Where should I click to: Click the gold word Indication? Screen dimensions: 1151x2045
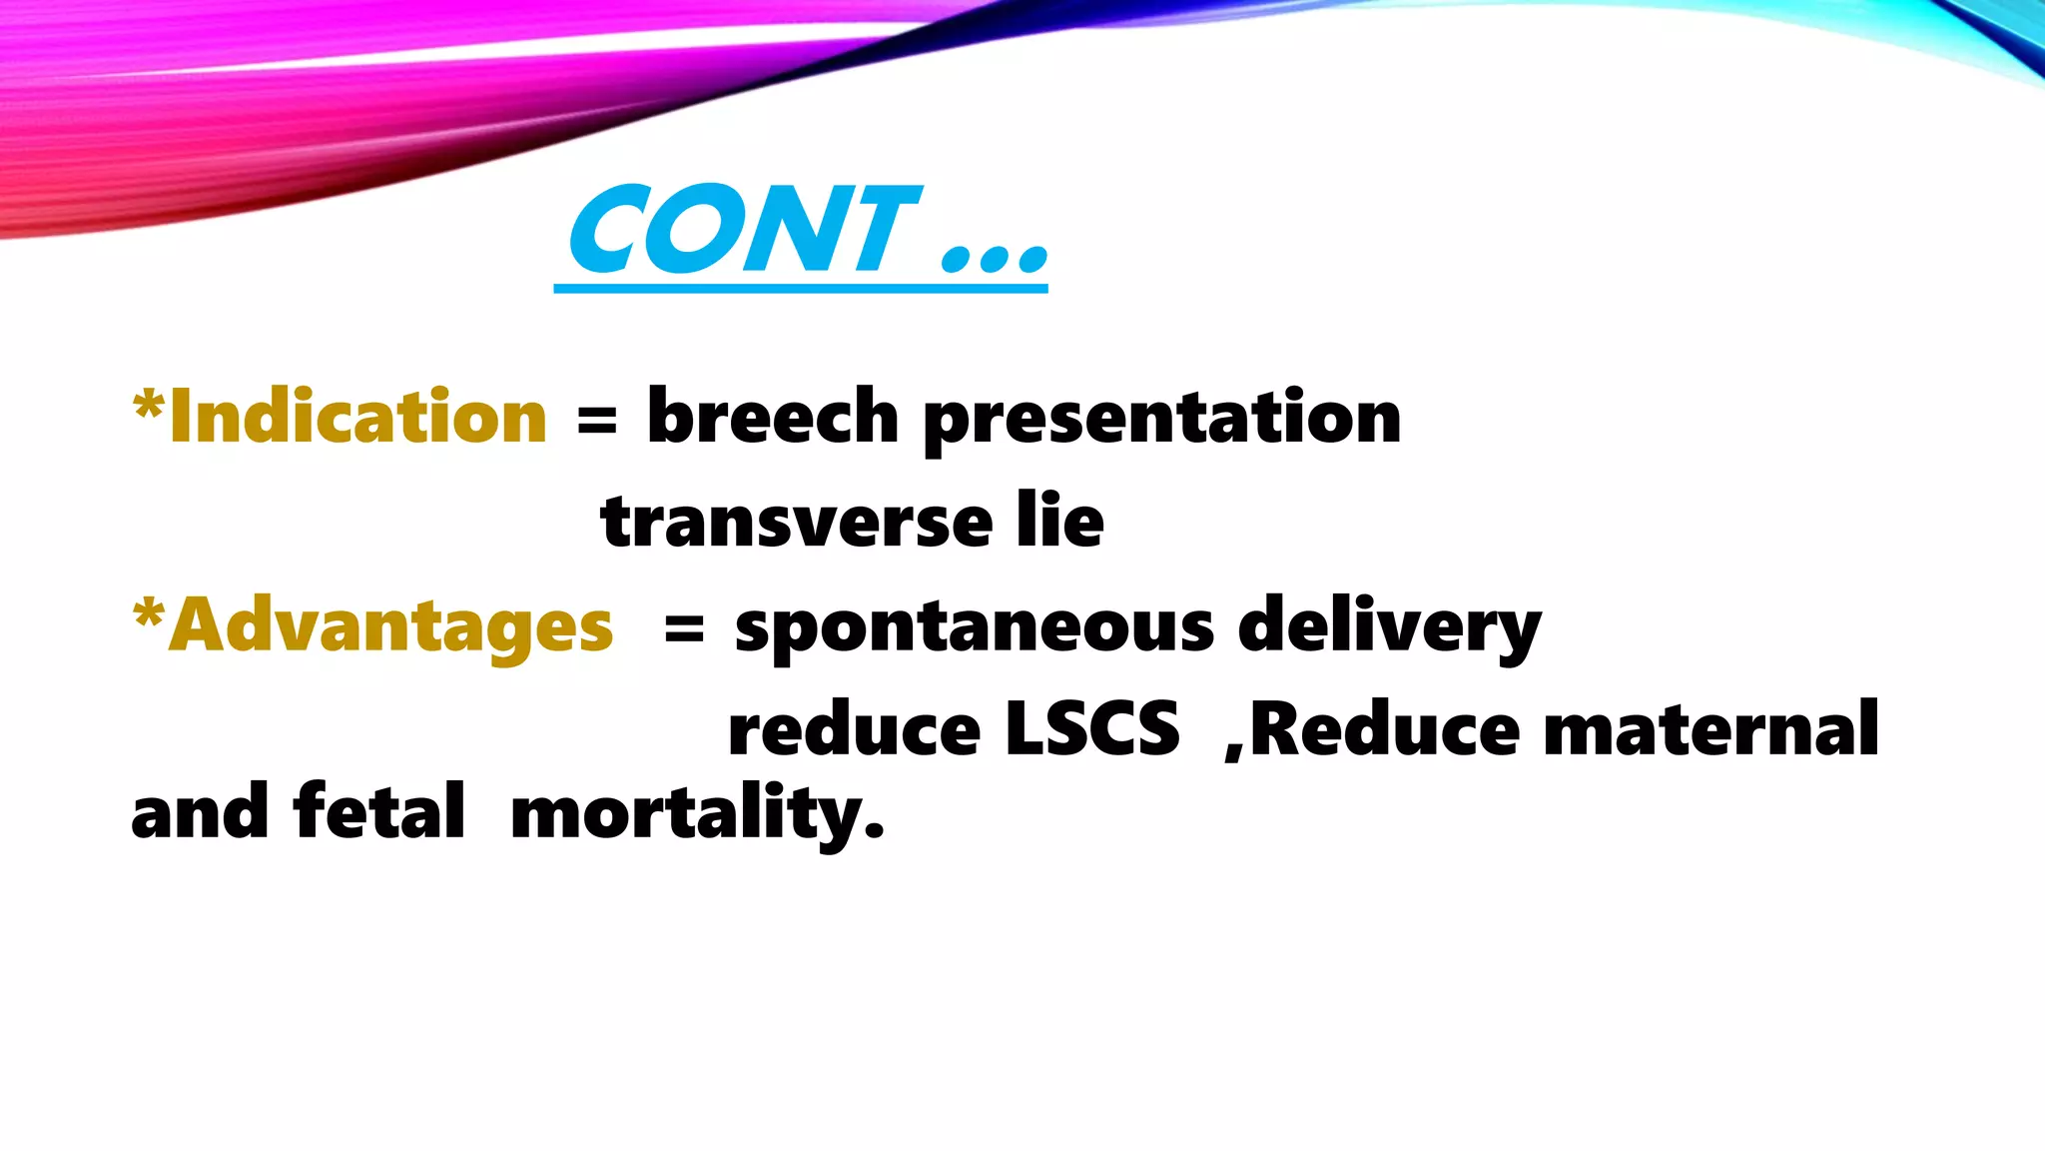click(357, 417)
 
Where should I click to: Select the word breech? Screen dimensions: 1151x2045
click(773, 417)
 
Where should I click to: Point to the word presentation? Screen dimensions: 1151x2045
click(1162, 420)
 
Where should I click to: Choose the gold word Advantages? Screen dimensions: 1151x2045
click(390, 627)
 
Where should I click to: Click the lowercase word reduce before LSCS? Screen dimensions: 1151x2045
click(854, 729)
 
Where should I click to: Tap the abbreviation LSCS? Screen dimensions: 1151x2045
click(1091, 729)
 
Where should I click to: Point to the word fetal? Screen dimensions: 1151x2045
click(379, 811)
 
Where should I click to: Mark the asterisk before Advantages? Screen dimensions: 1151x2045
click(148, 611)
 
